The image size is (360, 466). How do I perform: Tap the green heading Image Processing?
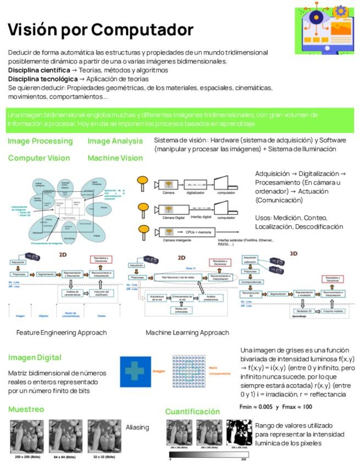(x=40, y=141)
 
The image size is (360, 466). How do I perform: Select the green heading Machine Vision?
(x=115, y=158)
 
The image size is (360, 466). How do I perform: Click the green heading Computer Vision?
(x=39, y=158)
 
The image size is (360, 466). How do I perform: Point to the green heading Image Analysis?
(x=115, y=141)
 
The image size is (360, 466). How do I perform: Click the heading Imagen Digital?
(x=35, y=358)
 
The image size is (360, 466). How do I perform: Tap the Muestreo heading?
(x=26, y=409)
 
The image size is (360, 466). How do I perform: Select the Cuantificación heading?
(x=192, y=412)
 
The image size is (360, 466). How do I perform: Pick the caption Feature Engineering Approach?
(x=62, y=332)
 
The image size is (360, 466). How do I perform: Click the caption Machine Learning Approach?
(x=187, y=332)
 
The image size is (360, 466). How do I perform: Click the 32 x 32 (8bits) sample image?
(x=104, y=436)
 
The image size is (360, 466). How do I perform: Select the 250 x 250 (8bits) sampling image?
(x=27, y=436)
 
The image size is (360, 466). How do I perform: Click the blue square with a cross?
(x=135, y=371)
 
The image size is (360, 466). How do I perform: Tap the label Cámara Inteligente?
(x=170, y=240)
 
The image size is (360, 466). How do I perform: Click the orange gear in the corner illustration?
(x=340, y=10)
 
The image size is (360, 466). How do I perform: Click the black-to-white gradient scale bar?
(x=208, y=456)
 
